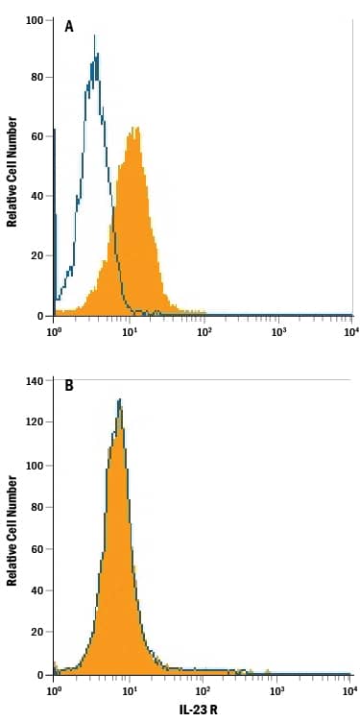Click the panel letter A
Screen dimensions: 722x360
[69, 27]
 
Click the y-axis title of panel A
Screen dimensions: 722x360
[12, 171]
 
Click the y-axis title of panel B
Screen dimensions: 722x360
[12, 531]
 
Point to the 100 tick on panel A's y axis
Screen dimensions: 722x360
[36, 19]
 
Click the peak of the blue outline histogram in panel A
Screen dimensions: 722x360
[94, 36]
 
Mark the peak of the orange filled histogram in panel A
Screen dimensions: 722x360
[136, 129]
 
